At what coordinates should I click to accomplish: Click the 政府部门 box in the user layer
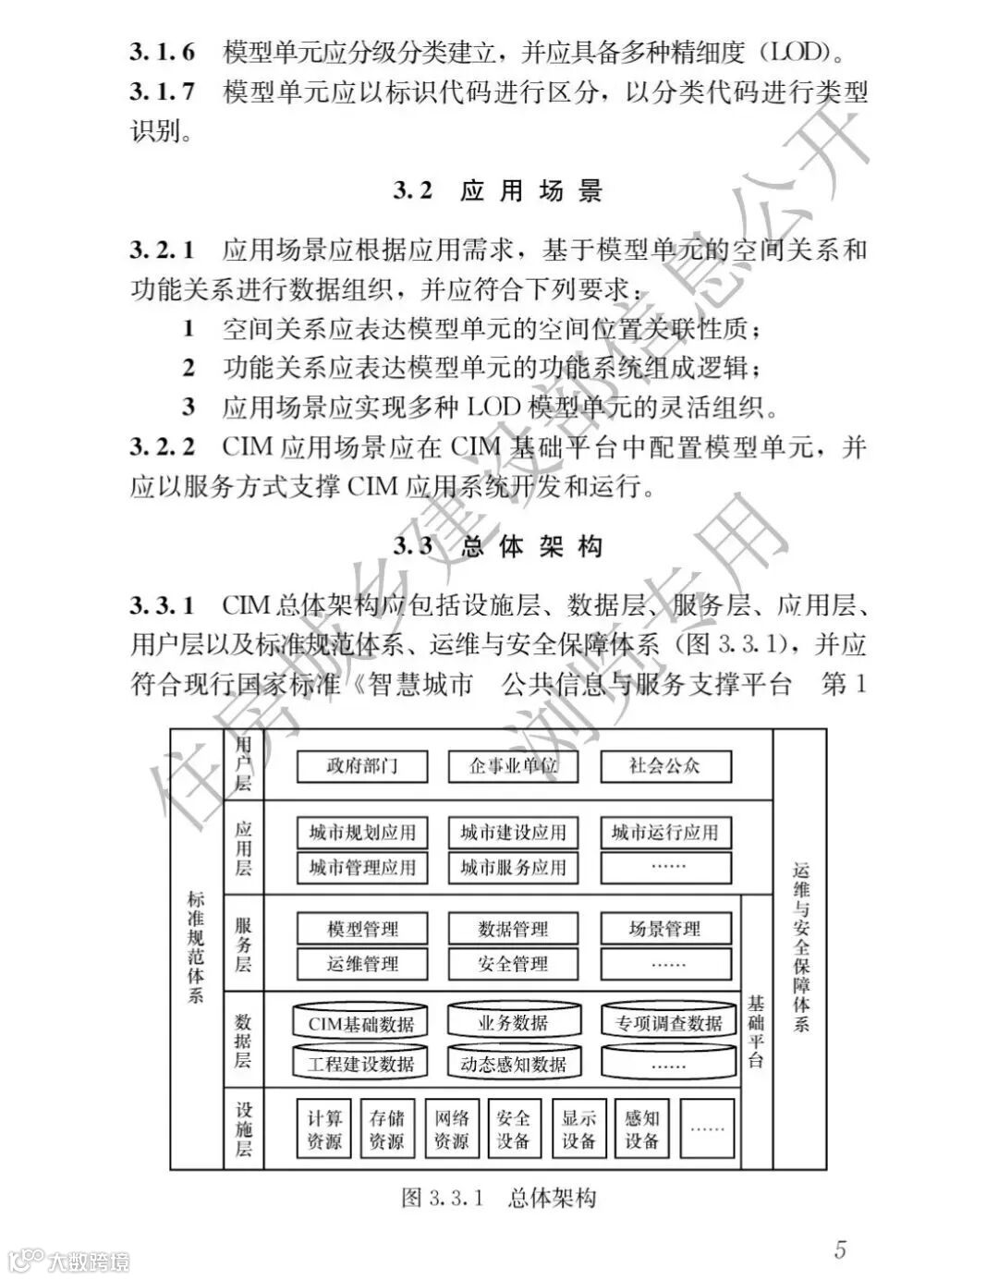(361, 766)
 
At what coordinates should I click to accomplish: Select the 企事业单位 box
(513, 766)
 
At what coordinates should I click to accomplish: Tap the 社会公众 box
(664, 766)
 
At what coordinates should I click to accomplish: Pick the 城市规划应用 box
(361, 832)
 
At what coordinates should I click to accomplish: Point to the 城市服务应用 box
(513, 867)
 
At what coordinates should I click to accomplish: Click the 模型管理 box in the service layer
(361, 929)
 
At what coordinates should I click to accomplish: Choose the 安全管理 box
(513, 964)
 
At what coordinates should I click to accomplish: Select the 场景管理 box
(664, 929)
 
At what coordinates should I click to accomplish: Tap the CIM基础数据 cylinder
(361, 1022)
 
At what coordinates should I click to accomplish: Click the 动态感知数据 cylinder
(513, 1063)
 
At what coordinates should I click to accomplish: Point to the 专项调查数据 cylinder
(668, 1022)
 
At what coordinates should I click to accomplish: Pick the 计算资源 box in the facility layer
(324, 1128)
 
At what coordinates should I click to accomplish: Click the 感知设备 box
(641, 1128)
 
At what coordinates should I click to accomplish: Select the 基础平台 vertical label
(756, 1030)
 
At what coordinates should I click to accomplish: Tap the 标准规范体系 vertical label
(196, 947)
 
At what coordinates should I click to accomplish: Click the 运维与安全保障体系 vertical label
(800, 947)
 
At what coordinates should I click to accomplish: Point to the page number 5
(840, 1250)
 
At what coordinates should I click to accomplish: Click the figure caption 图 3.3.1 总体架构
(499, 1199)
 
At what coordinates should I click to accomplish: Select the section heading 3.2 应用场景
(498, 191)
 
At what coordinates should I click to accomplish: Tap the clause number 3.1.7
(163, 92)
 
